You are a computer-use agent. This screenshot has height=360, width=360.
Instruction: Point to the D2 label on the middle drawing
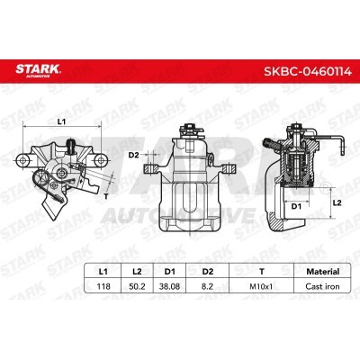[132, 156]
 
